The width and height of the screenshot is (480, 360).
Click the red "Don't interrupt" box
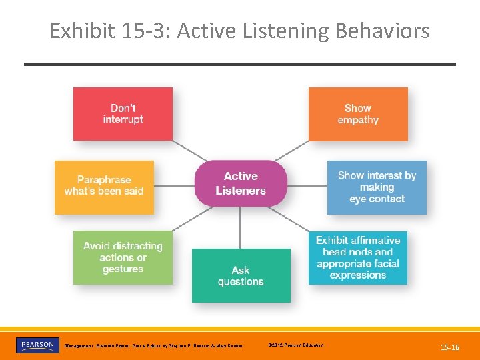coord(123,114)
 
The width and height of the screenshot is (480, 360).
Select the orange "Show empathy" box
coord(358,114)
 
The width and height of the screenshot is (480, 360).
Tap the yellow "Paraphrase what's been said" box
coord(104,187)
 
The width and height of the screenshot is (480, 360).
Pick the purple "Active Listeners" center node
coord(241,183)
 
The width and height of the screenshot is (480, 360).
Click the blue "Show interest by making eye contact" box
coord(377,187)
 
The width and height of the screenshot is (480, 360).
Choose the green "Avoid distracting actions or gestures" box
coord(123,257)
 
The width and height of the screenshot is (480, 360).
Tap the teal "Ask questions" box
coord(241,275)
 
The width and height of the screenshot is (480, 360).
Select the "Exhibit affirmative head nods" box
coord(358,257)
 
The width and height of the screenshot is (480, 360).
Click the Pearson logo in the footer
coord(37,345)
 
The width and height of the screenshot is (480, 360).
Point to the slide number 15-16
coord(450,347)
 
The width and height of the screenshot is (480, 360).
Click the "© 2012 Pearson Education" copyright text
coord(295,345)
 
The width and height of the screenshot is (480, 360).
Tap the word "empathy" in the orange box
coord(358,120)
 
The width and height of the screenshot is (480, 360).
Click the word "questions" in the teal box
coord(241,282)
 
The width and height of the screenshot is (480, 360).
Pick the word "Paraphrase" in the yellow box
coord(104,180)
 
